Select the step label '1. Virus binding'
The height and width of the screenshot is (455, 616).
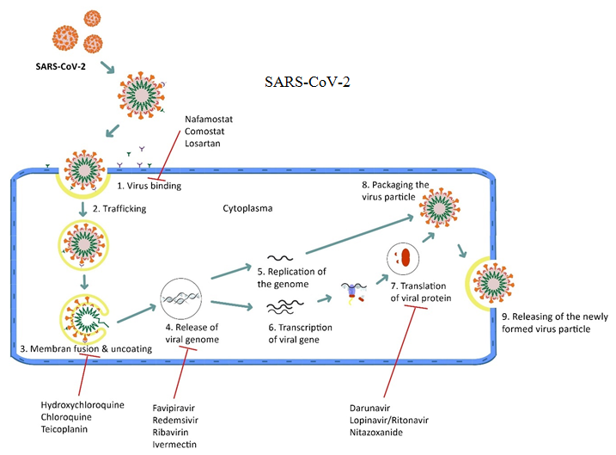point(149,184)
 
